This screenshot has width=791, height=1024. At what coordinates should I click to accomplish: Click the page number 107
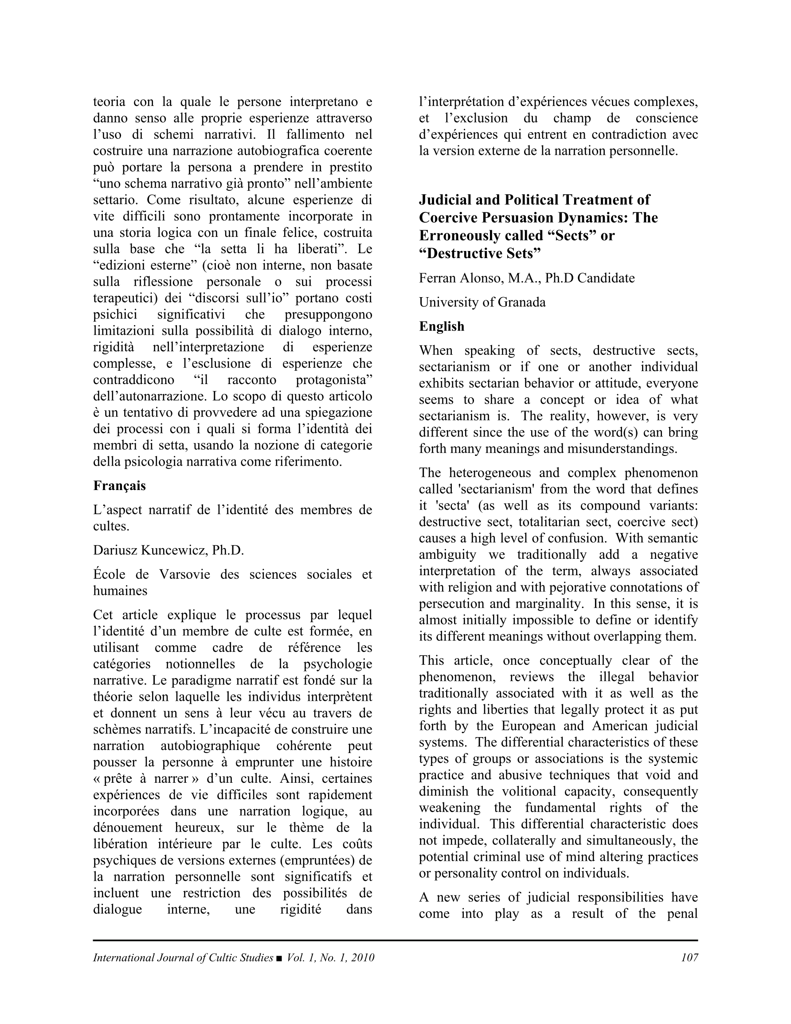click(x=689, y=957)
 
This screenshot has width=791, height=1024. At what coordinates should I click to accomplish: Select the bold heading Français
click(x=120, y=486)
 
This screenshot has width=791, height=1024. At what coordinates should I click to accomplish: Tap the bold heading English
click(x=442, y=326)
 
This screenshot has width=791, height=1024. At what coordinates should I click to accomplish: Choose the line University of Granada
click(x=482, y=302)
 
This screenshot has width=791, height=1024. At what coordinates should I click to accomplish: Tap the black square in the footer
click(x=279, y=958)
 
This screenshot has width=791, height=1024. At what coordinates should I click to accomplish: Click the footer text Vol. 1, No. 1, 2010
click(x=331, y=957)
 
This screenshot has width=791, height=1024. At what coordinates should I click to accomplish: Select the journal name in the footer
click(x=183, y=957)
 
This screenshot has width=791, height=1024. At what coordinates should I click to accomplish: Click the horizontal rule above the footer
click(x=395, y=940)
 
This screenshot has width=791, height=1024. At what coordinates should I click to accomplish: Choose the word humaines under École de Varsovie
click(x=120, y=591)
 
